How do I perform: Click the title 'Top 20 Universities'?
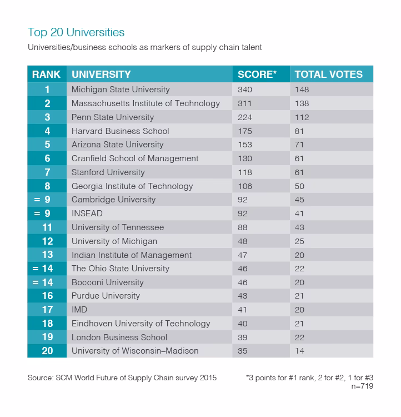pos(76,32)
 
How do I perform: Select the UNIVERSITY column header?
pos(101,74)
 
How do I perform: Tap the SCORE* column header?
pos(257,74)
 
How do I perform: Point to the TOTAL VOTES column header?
pos(328,74)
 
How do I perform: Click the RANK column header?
pos(46,74)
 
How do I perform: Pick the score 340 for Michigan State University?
pos(245,90)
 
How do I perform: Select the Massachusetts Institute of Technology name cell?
pos(146,103)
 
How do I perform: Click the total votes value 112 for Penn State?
pos(302,117)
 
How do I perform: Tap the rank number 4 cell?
pos(47,131)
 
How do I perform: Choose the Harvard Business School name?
pos(121,131)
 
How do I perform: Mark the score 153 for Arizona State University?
pos(245,145)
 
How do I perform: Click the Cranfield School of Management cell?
pos(135,158)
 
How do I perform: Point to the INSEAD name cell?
pos(87,214)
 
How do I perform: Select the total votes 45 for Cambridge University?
pos(300,200)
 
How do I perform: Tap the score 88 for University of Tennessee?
pos(243,227)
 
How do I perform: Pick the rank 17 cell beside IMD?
pos(47,310)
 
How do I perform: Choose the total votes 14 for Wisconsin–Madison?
pos(300,351)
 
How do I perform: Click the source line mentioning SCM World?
pos(122,378)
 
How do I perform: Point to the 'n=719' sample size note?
pos(361,386)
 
